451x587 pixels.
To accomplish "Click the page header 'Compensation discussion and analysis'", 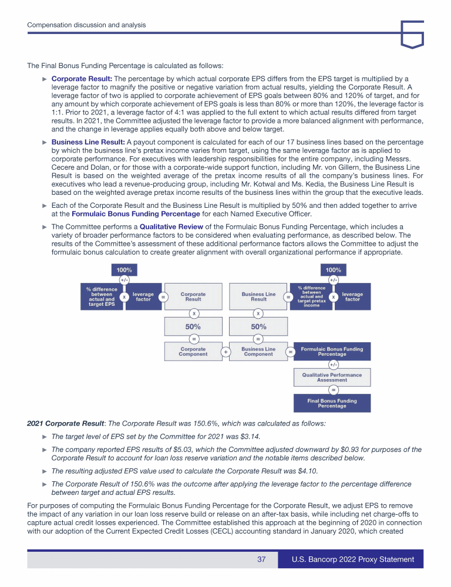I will (87, 25).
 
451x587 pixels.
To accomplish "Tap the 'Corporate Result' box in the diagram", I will (193, 297).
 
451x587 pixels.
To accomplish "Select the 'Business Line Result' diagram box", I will (258, 297).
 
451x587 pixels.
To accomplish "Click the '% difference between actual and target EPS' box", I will (102, 297).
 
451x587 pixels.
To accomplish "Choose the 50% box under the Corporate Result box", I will (193, 326).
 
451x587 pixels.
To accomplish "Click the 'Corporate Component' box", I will (193, 352).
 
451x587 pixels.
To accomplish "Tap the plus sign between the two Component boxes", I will (225, 352).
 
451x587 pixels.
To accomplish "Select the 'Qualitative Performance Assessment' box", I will (332, 377).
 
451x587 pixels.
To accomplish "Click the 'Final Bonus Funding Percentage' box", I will (332, 403).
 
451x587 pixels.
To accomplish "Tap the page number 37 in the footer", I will (262, 559).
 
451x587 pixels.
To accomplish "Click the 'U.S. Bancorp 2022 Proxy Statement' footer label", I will (353, 559).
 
